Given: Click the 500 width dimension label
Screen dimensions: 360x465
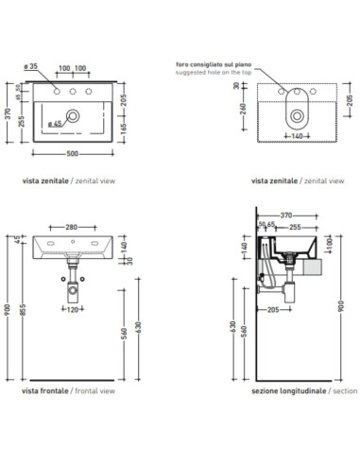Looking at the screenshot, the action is click(72, 154).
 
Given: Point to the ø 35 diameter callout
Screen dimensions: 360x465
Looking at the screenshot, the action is click(30, 66).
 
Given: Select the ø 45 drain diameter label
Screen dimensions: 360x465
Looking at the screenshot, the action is click(55, 124).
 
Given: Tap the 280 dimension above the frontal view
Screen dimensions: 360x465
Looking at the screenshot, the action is click(72, 227).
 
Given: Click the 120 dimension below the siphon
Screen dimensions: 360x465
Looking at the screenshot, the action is click(73, 309).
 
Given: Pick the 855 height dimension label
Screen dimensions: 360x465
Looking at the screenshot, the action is click(23, 309).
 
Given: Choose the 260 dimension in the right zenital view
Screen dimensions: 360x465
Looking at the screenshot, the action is click(244, 109).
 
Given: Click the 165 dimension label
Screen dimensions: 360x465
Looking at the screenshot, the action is click(124, 129).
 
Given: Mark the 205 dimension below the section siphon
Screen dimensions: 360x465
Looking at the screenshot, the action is click(273, 310).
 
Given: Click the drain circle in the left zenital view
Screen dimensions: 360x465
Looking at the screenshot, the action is click(73, 116).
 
